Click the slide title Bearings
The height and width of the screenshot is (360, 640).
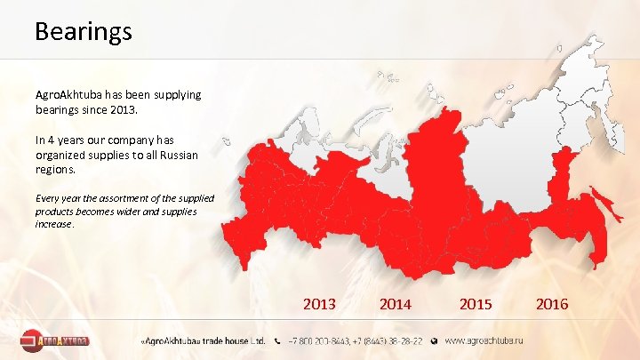pos(83,32)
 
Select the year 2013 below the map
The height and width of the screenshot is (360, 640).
pos(319,304)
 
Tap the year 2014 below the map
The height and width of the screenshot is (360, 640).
pos(395,304)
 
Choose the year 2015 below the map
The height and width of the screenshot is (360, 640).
pos(476,304)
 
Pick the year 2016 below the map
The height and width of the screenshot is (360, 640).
pos(552,304)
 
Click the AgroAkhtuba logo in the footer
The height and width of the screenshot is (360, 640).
pos(55,340)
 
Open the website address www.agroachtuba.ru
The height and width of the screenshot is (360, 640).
pos(484,340)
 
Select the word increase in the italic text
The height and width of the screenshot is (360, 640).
pos(54,225)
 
